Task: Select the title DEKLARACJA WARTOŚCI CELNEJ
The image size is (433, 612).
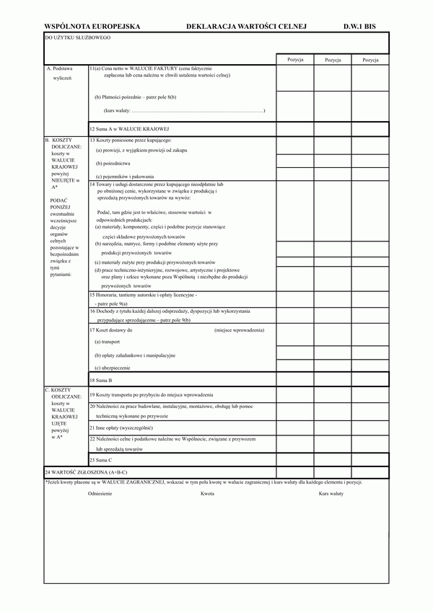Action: [x=246, y=25]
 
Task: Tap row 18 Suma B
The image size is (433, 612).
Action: [x=101, y=379]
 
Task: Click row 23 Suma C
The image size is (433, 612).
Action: [x=101, y=459]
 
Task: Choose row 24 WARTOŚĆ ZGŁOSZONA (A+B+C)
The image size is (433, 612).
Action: [x=86, y=471]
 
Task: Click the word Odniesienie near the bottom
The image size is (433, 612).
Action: [x=100, y=494]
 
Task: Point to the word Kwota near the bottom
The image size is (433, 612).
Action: [x=207, y=494]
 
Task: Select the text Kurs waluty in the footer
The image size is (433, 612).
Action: [x=331, y=494]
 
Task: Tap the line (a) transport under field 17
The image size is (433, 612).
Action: [x=107, y=342]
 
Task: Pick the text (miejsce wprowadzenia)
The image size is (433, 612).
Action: [x=239, y=329]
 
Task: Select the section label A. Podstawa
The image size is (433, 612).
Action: [x=59, y=68]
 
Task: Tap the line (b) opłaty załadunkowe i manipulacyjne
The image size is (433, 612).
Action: [x=135, y=355]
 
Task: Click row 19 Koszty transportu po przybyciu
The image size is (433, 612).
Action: [x=151, y=394]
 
